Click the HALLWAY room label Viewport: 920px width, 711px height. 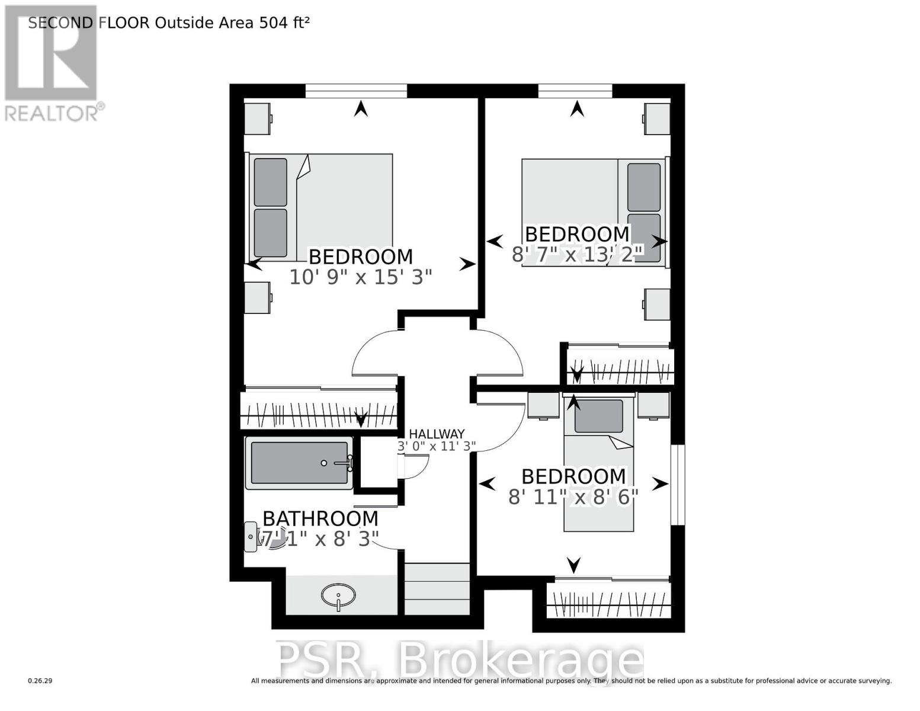click(x=437, y=434)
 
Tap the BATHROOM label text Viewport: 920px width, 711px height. click(x=320, y=518)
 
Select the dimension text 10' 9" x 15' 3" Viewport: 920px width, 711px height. click(x=361, y=277)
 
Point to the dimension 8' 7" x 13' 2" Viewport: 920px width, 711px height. click(x=577, y=255)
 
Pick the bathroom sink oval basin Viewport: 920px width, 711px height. click(x=338, y=593)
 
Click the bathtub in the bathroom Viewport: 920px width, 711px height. click(x=300, y=463)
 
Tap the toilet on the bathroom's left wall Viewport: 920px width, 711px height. click(x=252, y=537)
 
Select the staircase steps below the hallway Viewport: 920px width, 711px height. click(x=437, y=589)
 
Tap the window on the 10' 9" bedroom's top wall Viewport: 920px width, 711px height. click(x=356, y=91)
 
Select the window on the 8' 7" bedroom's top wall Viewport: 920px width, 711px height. click(x=575, y=91)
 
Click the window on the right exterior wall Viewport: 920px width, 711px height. click(x=678, y=484)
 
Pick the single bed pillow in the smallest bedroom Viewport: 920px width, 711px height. click(x=598, y=416)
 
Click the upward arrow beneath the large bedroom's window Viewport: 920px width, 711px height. click(x=360, y=108)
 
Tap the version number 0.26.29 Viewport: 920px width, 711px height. click(x=40, y=681)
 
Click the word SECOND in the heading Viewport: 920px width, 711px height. click(x=60, y=23)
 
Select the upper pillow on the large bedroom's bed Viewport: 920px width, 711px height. click(x=270, y=182)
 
